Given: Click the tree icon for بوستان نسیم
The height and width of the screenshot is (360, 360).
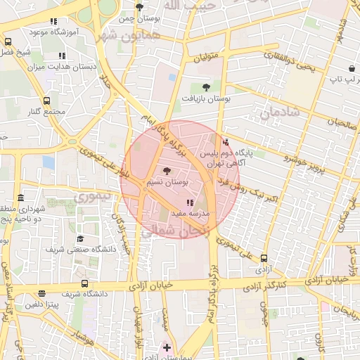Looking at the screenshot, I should click(x=166, y=171).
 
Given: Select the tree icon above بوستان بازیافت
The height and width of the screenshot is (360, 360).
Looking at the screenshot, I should click(x=205, y=87).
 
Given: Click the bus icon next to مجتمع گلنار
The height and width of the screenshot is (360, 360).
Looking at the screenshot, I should click(x=47, y=101).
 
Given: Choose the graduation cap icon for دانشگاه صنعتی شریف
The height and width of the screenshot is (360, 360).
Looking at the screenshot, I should click(x=79, y=239).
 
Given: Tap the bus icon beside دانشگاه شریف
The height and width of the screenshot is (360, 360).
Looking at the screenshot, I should click(x=84, y=284).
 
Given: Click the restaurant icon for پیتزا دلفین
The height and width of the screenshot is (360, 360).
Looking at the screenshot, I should click(x=41, y=293).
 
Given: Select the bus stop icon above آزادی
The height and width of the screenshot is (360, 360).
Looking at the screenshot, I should click(x=264, y=258).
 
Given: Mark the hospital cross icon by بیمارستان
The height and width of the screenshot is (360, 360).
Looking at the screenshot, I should click(x=167, y=347).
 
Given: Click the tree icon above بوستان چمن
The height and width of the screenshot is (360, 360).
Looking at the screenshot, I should click(x=139, y=8).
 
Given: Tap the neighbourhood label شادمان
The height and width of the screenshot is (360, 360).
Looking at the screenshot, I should click(x=278, y=112).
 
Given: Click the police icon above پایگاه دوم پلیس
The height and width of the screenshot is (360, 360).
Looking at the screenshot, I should click(x=225, y=141).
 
